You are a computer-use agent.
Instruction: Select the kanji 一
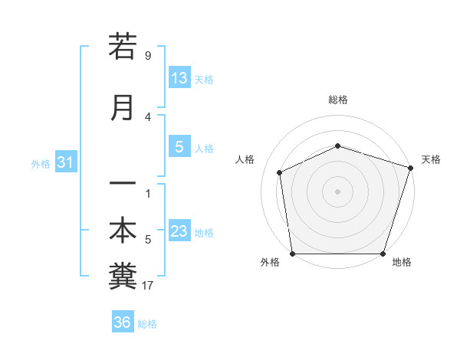[x=123, y=185]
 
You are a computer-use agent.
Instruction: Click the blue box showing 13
[x=179, y=77]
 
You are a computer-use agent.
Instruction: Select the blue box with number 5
[x=179, y=146]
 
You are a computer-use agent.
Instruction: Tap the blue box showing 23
[x=179, y=231]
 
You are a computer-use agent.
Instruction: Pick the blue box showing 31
[x=66, y=162]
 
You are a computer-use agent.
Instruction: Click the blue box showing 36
[x=123, y=322]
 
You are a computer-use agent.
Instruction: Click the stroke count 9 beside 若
[x=148, y=55]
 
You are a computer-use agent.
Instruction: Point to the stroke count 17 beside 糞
[x=148, y=286]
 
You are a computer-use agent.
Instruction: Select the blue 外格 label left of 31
[x=41, y=163]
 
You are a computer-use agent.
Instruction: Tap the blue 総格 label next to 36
[x=147, y=323]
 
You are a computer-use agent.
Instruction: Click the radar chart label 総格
[x=337, y=100]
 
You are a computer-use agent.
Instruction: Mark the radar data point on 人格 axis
[x=280, y=172]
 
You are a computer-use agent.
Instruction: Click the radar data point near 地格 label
[x=383, y=254]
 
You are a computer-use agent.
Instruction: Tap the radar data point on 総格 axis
[x=337, y=146]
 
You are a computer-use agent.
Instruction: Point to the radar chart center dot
[x=337, y=191]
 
